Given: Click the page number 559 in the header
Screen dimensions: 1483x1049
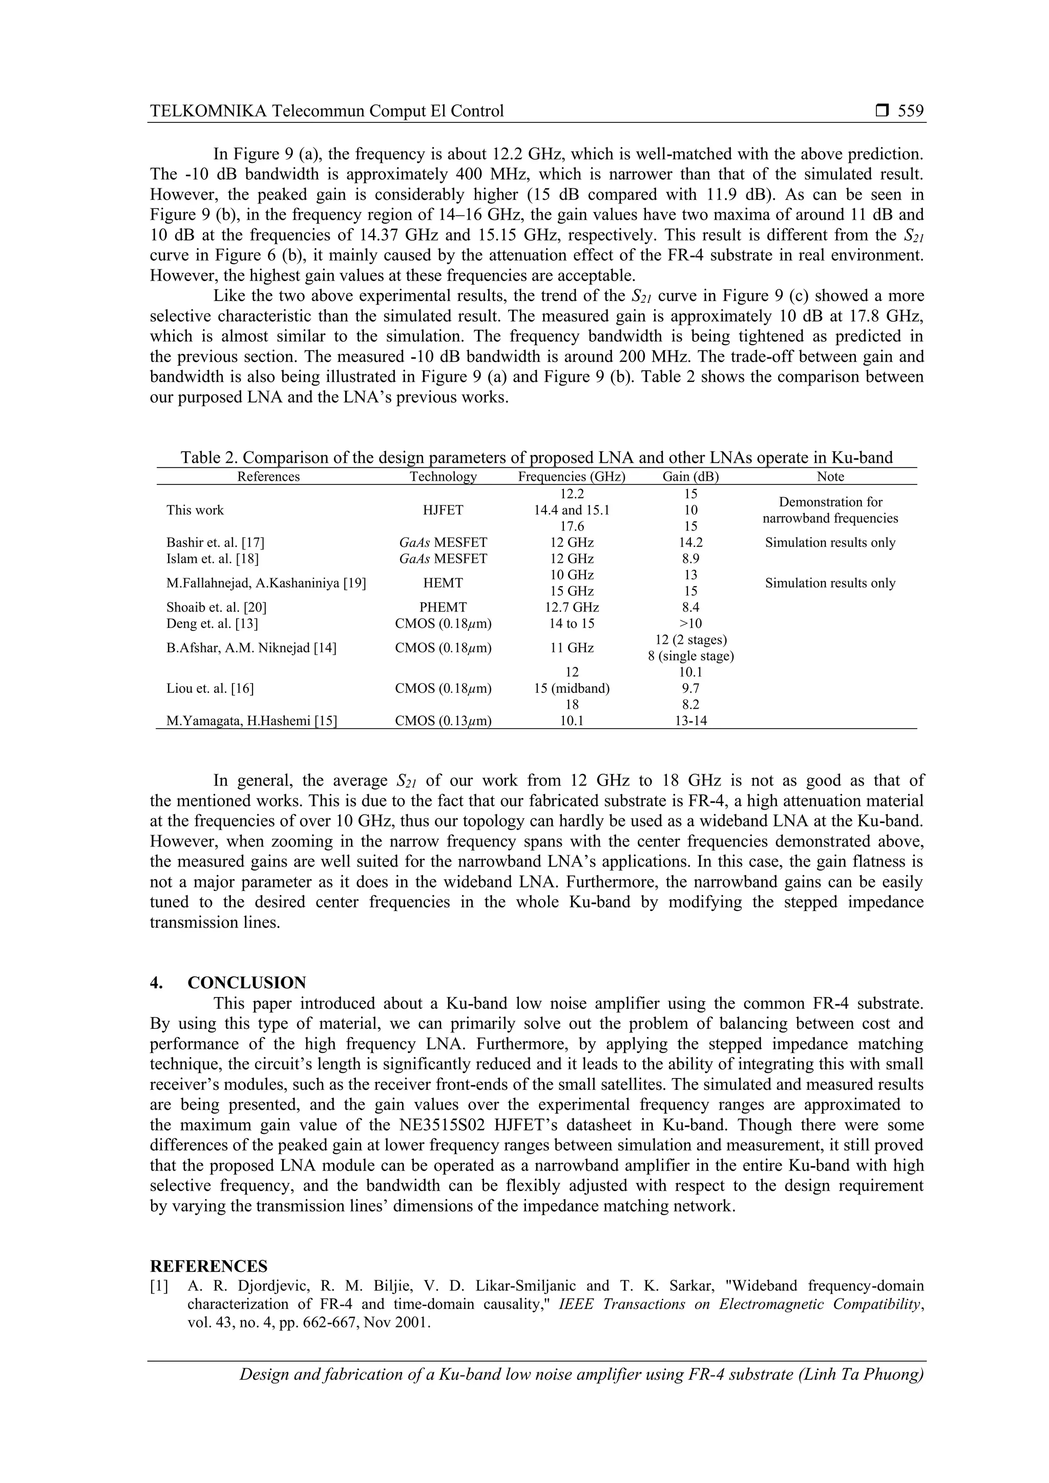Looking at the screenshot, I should [911, 111].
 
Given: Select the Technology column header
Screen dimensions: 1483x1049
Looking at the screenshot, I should [443, 477].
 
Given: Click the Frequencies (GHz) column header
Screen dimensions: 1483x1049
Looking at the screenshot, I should [572, 477].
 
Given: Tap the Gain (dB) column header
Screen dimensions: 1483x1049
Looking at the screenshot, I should [690, 477].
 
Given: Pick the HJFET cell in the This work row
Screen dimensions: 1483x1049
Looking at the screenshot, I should [443, 510].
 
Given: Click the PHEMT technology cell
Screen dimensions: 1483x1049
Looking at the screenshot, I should [443, 607].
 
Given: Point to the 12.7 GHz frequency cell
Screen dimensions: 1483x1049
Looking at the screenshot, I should [572, 607].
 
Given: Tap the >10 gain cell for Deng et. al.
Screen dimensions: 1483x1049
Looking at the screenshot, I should [690, 624].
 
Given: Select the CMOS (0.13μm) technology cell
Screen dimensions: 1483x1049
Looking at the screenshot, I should [443, 721].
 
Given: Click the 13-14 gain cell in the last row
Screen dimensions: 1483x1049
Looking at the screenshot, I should [690, 721].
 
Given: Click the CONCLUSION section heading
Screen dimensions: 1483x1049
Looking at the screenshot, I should [247, 983].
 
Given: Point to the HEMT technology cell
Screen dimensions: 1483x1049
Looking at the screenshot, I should [443, 583].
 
